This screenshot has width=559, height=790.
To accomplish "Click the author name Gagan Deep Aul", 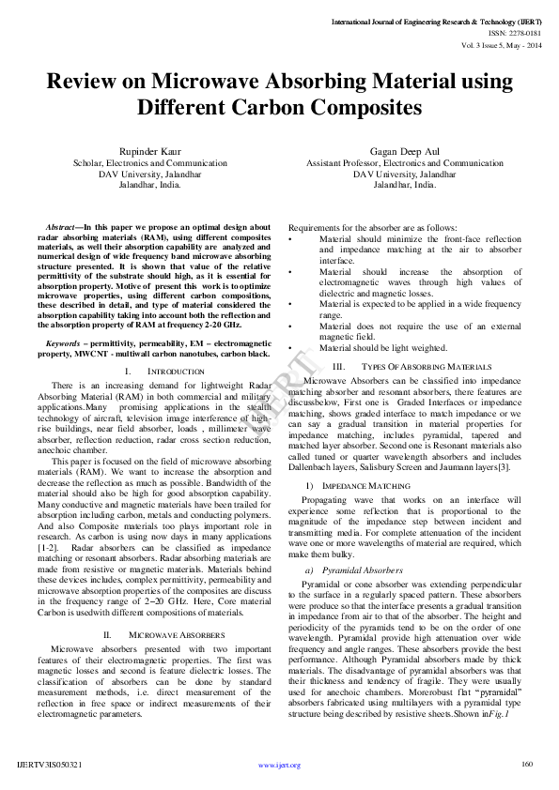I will click(404, 151).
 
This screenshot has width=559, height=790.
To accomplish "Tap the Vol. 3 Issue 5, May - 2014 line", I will click(503, 44).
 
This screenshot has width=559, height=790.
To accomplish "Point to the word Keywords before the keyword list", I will click(62, 344).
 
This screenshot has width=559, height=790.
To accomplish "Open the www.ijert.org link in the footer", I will click(279, 766).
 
